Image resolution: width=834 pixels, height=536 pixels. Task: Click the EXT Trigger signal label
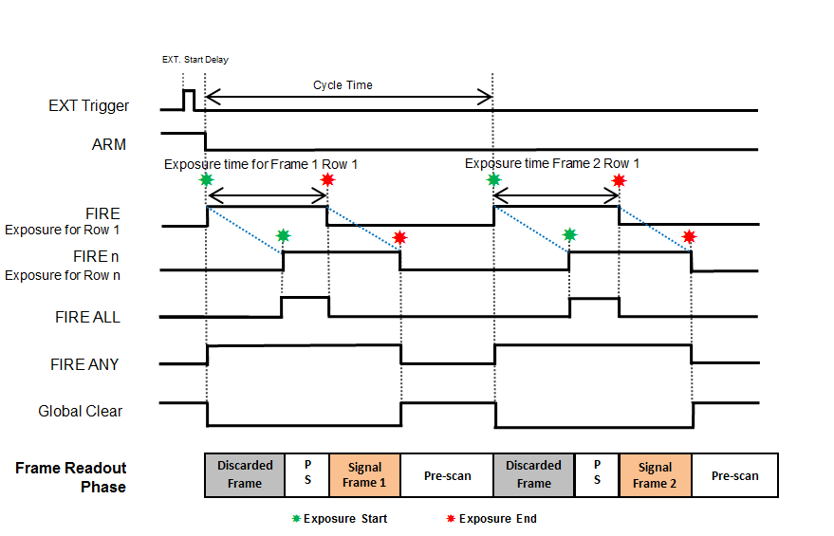point(89,106)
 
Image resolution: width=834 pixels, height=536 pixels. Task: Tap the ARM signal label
point(109,145)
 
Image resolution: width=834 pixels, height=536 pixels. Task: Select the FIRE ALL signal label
point(87,317)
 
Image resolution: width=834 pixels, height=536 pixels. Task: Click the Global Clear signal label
point(81,412)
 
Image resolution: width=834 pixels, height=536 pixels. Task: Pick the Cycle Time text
point(343,85)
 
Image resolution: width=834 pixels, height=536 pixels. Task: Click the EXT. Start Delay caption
point(195,60)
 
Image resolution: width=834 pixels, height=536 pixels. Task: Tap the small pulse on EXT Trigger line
point(188,100)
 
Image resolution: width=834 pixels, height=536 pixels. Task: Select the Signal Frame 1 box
point(364,475)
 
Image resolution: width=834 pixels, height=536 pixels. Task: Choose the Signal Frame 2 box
point(655,475)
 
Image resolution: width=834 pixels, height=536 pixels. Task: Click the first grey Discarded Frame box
point(245,474)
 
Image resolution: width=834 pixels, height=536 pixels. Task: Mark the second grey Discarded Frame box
point(533,474)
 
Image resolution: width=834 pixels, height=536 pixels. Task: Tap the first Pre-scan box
point(447,475)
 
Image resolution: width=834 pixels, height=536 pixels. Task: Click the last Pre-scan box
point(734,475)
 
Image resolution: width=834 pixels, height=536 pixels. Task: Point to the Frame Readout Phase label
point(71,477)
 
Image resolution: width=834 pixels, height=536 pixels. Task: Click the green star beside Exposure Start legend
point(296,519)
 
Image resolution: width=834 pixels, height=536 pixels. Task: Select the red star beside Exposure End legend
point(451,519)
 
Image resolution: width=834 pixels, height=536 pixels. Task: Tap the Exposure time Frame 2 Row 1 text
point(552,163)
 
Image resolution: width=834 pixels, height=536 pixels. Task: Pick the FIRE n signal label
point(97,257)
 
